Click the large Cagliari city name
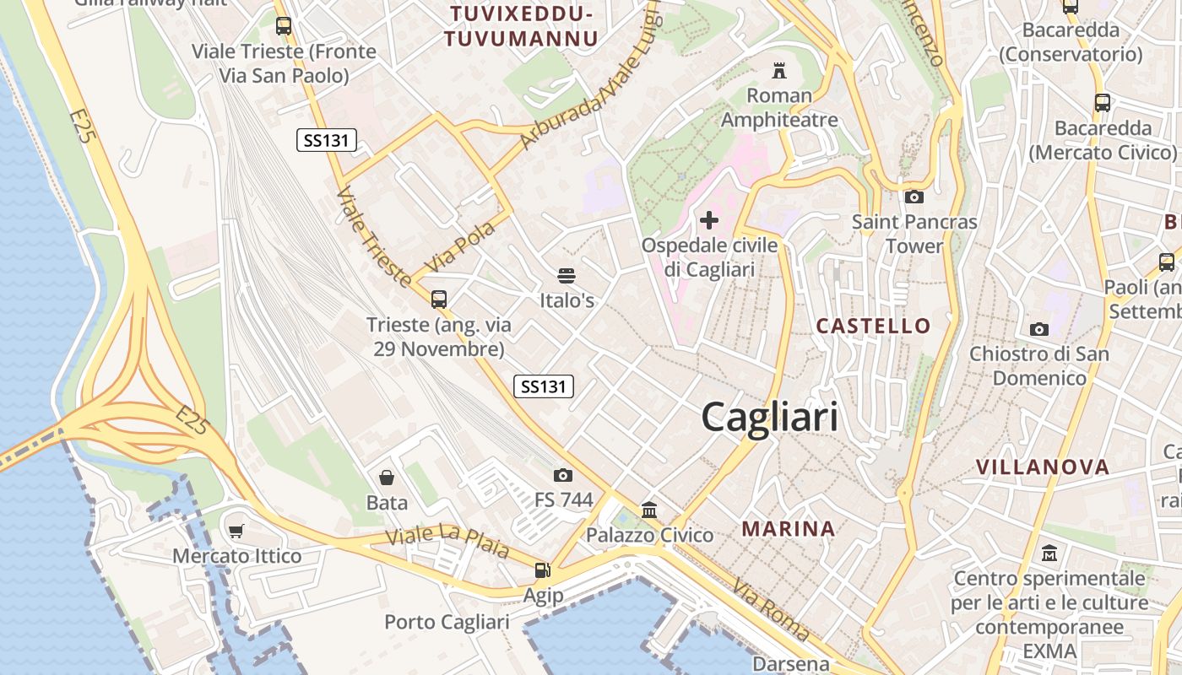click(769, 417)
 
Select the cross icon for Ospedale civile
click(709, 221)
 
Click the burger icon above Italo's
click(567, 276)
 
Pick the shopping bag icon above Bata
click(387, 478)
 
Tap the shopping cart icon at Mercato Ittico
click(236, 532)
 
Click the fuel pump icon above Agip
click(543, 570)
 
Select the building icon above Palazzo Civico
click(649, 510)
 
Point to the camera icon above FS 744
click(563, 476)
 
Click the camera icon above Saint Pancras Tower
click(914, 197)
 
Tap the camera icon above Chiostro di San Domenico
click(1038, 329)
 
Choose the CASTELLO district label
click(873, 326)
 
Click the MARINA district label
click(788, 529)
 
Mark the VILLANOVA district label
click(1042, 467)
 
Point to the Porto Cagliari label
click(447, 622)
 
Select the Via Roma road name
click(771, 609)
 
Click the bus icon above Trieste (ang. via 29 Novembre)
click(438, 299)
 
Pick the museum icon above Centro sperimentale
click(1049, 553)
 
